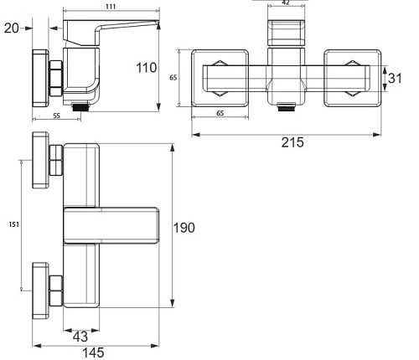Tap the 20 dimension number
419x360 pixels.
[x=11, y=28]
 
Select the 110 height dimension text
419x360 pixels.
[x=147, y=67]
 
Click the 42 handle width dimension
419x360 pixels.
[x=287, y=3]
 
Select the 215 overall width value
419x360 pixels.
[x=292, y=142]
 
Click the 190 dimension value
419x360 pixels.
[x=184, y=228]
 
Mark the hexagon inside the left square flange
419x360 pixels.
[x=219, y=69]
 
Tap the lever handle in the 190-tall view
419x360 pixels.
[x=111, y=226]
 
